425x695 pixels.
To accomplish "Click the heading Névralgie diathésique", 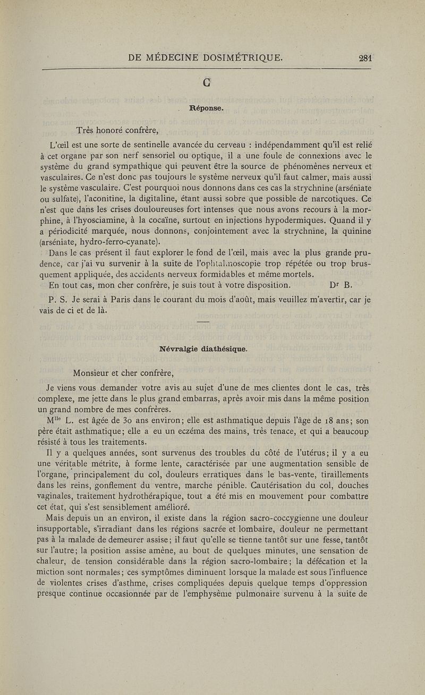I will tap(212, 349).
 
